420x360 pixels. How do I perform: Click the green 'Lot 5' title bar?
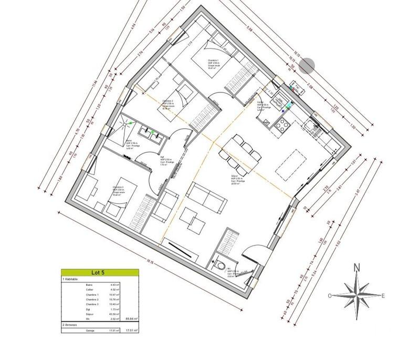[100, 273]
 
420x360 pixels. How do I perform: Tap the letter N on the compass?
[356, 267]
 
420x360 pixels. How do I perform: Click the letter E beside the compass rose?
[384, 296]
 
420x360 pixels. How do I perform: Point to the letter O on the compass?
[330, 296]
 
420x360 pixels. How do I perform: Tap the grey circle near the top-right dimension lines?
[309, 65]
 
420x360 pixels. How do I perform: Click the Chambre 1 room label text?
[215, 60]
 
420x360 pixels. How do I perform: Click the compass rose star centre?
[356, 295]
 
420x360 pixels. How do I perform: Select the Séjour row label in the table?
[90, 314]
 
